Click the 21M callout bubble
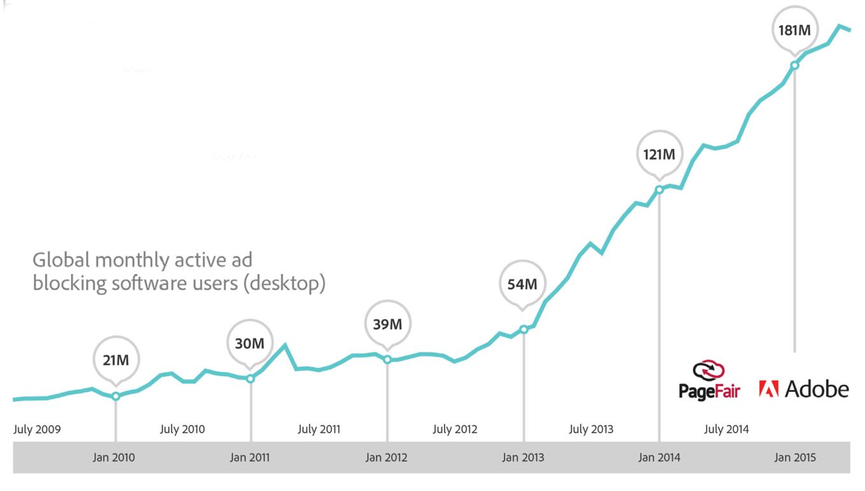tap(116, 360)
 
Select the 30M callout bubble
tap(250, 343)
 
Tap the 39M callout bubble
tap(387, 324)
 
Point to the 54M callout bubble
tap(522, 284)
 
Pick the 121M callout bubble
tap(659, 154)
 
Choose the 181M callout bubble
tap(794, 29)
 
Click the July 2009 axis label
tap(37, 429)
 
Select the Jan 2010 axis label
tap(114, 457)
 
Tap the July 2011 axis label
tap(319, 429)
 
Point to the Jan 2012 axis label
tap(386, 457)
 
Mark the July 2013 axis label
tap(591, 429)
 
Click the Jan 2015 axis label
tap(794, 457)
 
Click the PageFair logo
tap(709, 380)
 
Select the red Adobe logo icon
tap(768, 389)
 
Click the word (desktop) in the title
tap(284, 283)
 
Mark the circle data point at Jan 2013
tap(523, 329)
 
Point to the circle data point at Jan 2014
tap(660, 189)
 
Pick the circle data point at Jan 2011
tap(251, 378)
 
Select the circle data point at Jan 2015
tap(794, 65)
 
